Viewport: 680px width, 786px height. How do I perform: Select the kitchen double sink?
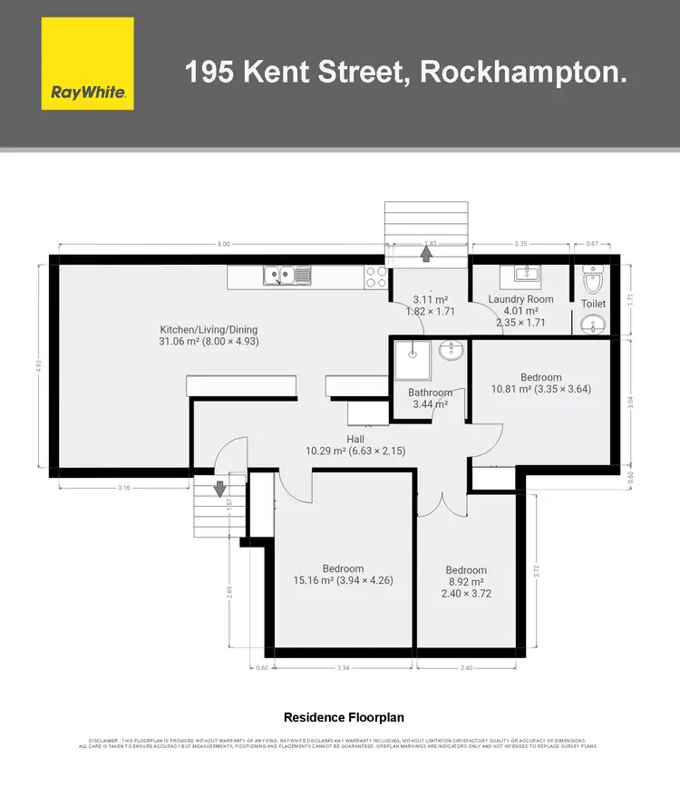click(287, 275)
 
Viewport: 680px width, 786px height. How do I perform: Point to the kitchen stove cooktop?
click(375, 276)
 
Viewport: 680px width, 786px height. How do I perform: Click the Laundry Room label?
click(520, 299)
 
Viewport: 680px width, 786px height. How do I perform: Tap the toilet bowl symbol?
click(593, 271)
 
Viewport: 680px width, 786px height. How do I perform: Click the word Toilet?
click(593, 304)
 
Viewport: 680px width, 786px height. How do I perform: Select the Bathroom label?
click(430, 393)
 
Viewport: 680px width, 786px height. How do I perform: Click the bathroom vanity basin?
click(451, 349)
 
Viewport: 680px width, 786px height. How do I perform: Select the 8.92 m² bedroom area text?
click(465, 583)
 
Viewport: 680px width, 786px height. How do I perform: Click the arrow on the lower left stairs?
click(219, 488)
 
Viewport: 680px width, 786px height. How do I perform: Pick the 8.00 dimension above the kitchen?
click(224, 243)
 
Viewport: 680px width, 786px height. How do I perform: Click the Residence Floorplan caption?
click(339, 716)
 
